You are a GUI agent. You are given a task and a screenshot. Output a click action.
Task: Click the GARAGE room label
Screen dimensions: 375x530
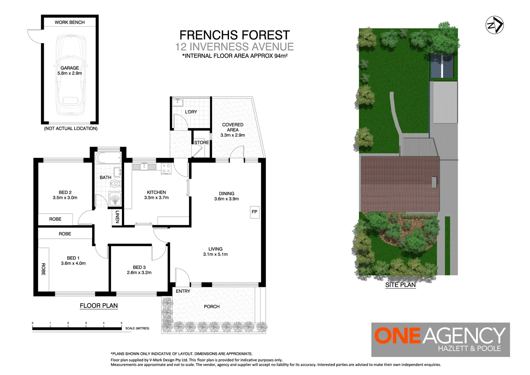point(70,68)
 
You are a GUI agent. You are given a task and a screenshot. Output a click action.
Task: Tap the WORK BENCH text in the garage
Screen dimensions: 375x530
point(70,22)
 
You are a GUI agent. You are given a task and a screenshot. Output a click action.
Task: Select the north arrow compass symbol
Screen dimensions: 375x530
point(494,25)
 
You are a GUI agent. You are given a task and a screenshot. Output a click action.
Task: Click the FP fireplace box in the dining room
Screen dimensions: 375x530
point(254,212)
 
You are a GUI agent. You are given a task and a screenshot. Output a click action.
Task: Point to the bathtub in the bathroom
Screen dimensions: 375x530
point(108,158)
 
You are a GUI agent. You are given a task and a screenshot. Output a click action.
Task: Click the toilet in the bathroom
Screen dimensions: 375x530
point(115,183)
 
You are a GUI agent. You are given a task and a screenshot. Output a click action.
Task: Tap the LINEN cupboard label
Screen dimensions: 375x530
point(117,217)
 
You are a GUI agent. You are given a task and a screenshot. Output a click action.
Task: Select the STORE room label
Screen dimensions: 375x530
point(201,142)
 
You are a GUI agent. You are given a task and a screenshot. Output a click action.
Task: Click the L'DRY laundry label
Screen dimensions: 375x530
point(191,112)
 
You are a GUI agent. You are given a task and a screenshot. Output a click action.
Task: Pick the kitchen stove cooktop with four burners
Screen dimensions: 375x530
point(166,168)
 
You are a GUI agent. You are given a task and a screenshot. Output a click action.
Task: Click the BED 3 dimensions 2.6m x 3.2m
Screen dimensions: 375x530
point(139,273)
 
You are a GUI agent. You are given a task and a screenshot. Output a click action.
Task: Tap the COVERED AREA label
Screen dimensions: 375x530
point(232,127)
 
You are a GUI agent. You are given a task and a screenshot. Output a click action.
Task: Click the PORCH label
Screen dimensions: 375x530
point(212,306)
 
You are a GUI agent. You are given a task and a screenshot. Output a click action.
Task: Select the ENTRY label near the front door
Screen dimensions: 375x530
point(183,291)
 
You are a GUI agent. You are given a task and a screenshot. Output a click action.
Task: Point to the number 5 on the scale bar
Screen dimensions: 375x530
point(122,323)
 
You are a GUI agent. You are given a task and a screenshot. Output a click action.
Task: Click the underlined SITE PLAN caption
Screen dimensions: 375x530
point(400,285)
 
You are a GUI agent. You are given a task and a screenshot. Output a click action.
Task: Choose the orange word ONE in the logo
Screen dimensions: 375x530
point(397,336)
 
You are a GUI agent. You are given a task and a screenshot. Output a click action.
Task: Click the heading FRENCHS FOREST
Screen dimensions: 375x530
point(235,35)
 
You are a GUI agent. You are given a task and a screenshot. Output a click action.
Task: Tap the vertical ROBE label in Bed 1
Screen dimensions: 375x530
point(43,269)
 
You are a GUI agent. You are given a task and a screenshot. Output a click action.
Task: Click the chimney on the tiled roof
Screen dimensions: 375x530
point(434,182)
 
